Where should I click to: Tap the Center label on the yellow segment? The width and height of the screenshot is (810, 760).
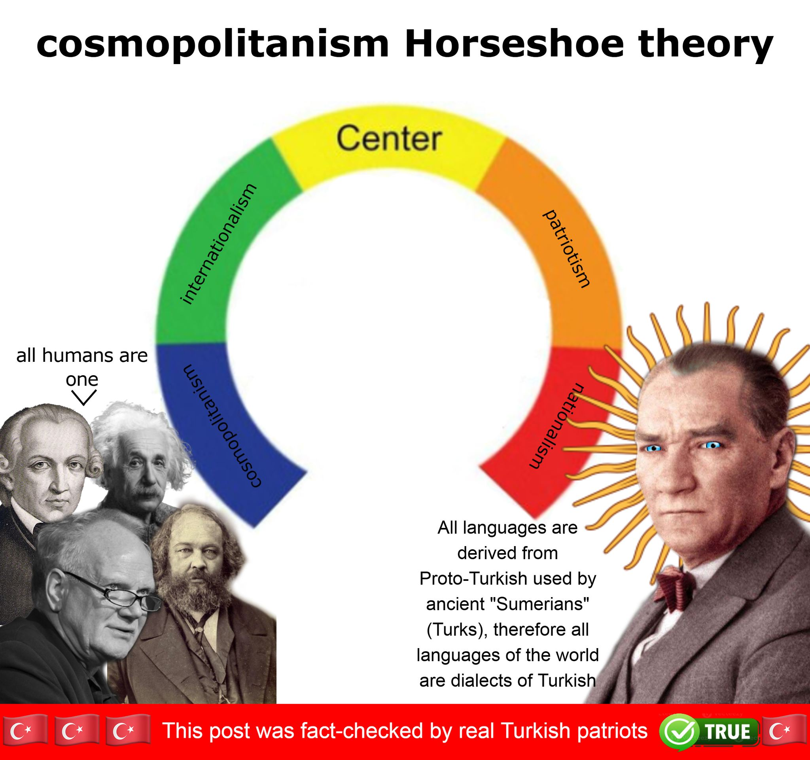coord(389,139)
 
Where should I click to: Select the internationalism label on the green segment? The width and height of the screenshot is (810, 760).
coord(218,244)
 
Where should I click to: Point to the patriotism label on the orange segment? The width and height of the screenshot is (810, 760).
coord(566,249)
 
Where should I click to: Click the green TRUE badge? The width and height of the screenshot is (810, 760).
coord(727,731)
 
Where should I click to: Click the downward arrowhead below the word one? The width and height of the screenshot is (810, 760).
coord(84,397)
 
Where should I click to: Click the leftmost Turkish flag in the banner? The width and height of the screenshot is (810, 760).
coord(23,732)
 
